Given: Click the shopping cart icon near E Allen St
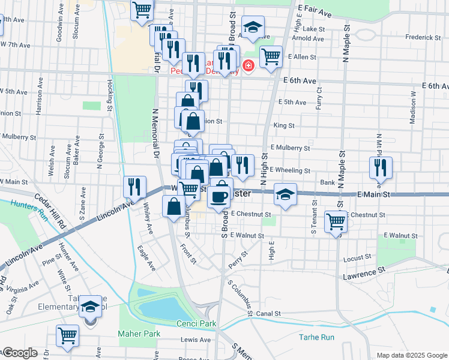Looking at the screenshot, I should tap(271, 57).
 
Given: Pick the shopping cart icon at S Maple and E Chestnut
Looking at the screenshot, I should tap(336, 221).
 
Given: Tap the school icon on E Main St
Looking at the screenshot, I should tap(286, 194).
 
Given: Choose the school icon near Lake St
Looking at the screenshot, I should tap(253, 27).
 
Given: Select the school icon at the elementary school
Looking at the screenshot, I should tap(91, 307).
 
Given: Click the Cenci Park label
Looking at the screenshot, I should tap(196, 324).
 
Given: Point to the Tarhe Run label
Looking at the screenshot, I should tap(316, 337).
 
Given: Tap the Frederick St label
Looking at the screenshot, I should tap(423, 37).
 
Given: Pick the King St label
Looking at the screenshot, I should tap(283, 126).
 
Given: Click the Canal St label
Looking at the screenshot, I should tap(268, 313).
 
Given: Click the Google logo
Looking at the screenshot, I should tap(19, 353).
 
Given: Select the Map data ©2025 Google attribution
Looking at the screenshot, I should tap(412, 355).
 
